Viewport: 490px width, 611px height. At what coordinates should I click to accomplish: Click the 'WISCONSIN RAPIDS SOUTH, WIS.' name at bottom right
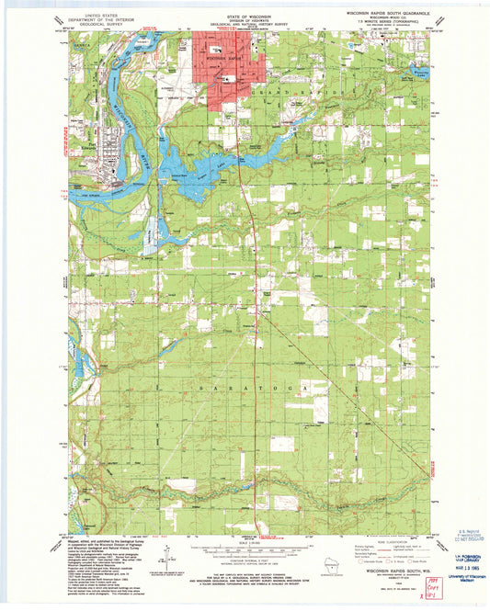pyautogui.click(x=386, y=570)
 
